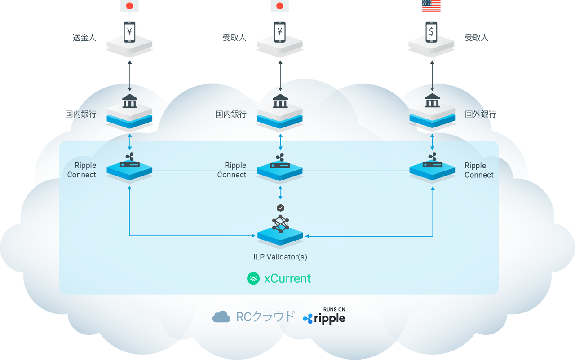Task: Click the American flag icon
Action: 431,5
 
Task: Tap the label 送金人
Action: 84,38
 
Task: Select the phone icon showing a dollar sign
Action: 431,32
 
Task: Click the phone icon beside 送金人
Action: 129,32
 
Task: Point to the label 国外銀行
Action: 480,114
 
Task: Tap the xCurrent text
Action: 287,278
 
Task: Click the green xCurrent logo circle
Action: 253,278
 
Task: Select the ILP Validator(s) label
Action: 280,257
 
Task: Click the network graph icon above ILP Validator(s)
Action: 280,224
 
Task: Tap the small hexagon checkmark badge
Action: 280,208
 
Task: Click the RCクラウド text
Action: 265,316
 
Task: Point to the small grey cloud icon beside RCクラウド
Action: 221,316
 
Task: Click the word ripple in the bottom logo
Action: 329,319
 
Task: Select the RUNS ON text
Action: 334,309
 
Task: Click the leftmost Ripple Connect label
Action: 82,170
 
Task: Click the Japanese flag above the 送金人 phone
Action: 129,5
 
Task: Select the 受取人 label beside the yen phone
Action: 234,38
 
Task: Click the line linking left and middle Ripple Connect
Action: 204,171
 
